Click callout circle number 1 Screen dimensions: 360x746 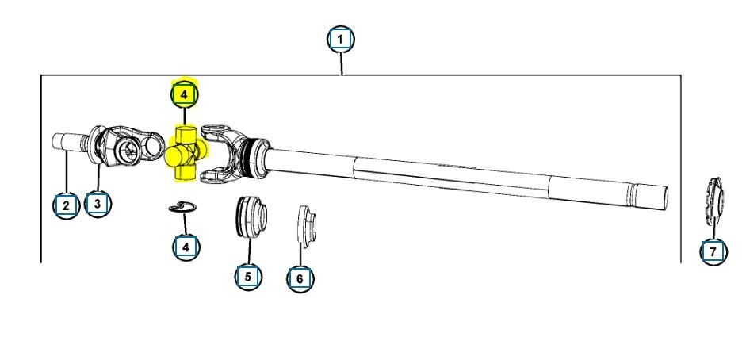(341, 39)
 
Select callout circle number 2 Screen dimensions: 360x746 (67, 206)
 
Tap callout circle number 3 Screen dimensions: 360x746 (97, 203)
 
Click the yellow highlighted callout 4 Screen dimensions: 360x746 (184, 94)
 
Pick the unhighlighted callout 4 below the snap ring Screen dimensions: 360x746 (186, 246)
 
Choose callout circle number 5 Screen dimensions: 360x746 (248, 276)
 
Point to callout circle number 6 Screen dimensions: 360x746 (300, 278)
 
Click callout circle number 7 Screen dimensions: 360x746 (713, 252)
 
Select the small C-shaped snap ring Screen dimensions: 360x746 (183, 208)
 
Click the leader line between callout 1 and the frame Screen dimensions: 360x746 (341, 63)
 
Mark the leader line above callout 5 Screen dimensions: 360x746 (248, 251)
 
